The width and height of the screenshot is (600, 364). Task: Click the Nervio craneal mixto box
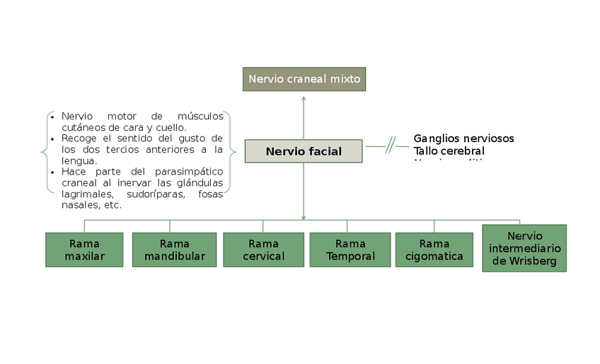[304, 79]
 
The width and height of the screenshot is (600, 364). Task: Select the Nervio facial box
[304, 151]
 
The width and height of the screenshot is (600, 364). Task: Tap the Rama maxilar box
[84, 249]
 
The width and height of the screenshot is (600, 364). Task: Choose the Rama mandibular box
[175, 249]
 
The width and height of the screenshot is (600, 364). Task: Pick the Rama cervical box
[263, 249]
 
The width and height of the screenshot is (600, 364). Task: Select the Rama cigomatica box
[434, 249]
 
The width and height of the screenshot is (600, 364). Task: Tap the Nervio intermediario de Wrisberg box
[524, 248]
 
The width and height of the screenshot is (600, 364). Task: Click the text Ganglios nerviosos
[463, 139]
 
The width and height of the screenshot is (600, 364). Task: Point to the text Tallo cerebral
[449, 151]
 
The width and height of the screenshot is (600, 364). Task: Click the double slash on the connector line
[391, 146]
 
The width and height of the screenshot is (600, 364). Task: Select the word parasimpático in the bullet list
[187, 172]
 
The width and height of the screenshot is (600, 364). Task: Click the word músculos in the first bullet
[202, 116]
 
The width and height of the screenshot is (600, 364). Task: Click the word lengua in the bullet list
[77, 160]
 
